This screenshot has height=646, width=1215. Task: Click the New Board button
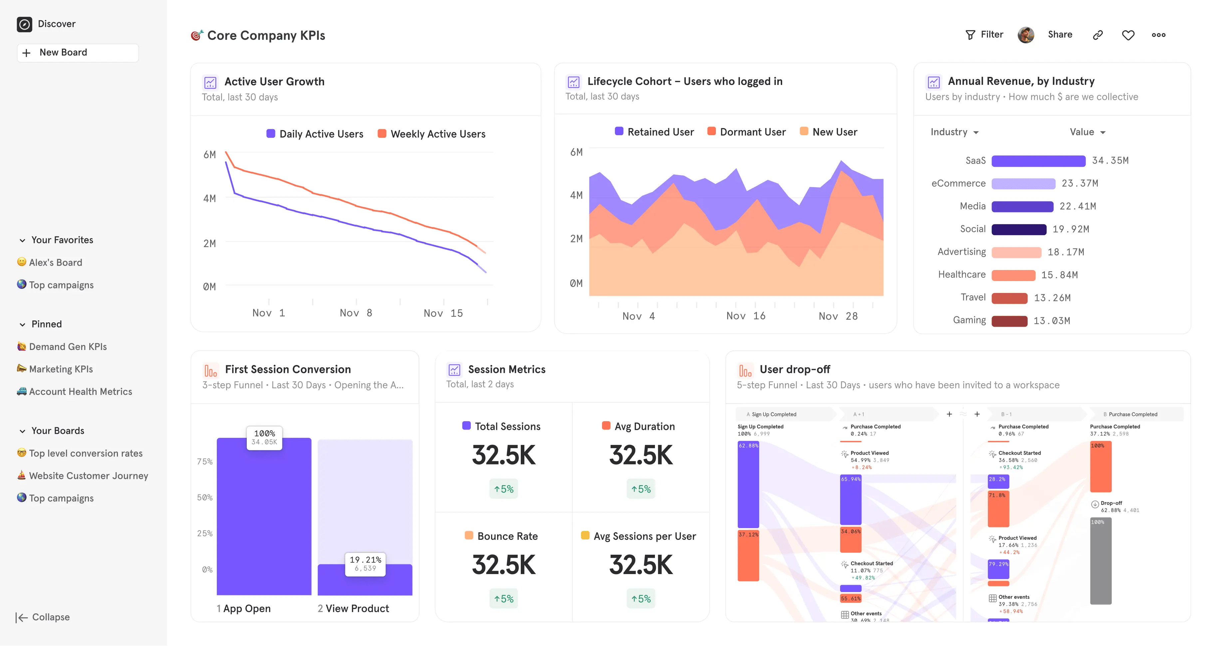point(78,52)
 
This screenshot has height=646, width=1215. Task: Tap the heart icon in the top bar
point(1128,35)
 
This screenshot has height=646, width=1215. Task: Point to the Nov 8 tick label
point(356,313)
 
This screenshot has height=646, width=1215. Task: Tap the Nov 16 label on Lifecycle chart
point(746,316)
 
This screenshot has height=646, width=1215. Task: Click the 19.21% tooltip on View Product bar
point(365,563)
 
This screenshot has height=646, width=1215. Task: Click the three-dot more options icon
point(1158,35)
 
